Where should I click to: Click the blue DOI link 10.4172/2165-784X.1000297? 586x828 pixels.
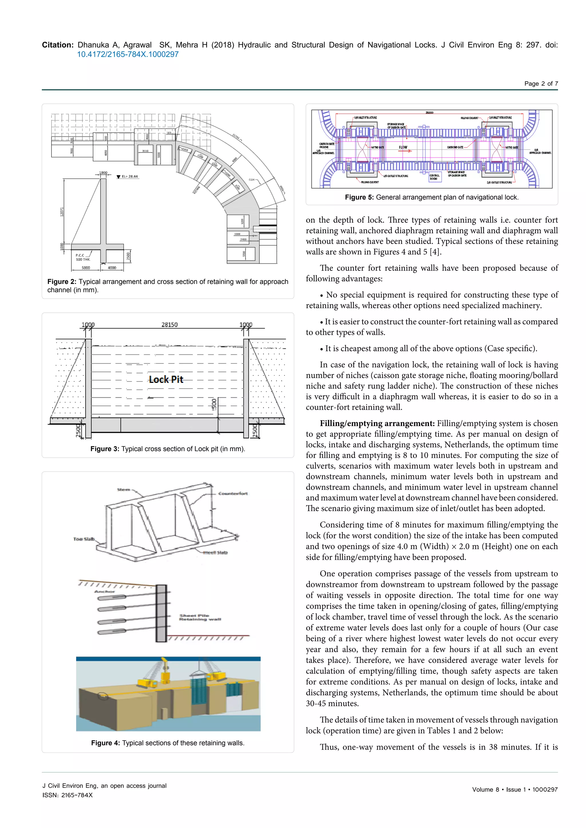[128, 54]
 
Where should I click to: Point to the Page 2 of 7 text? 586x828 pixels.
[541, 84]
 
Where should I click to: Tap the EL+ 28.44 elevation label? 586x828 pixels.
[129, 177]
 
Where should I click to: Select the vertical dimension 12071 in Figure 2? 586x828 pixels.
[62, 212]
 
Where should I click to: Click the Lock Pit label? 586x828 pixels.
[166, 379]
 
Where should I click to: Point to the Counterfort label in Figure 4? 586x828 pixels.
[233, 493]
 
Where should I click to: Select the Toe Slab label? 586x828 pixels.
[84, 539]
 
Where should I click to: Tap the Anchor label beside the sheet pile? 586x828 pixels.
[105, 592]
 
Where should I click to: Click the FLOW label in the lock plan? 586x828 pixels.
[403, 147]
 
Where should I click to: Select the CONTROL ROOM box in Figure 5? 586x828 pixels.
[435, 177]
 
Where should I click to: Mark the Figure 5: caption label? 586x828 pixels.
[359, 197]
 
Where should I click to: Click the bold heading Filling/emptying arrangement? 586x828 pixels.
[377, 423]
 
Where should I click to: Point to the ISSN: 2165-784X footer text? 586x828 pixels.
[68, 795]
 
